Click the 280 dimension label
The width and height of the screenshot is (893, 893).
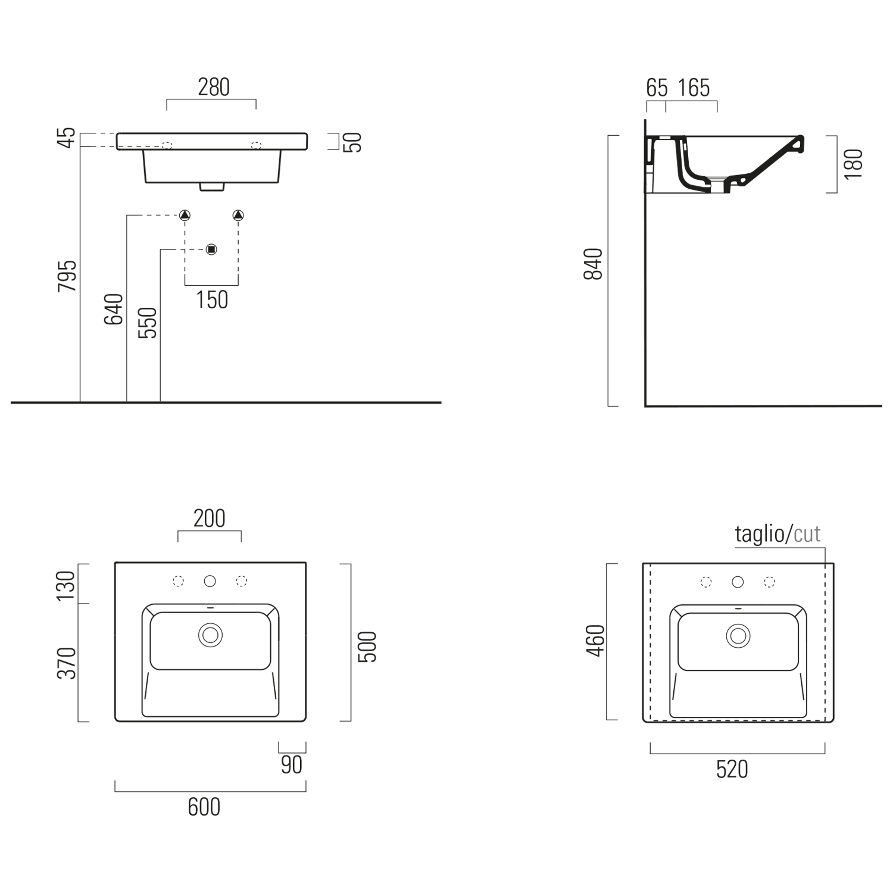click(214, 88)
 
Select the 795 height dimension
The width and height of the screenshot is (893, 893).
click(67, 276)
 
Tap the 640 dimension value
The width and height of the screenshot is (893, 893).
click(114, 309)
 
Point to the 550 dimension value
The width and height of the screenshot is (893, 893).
click(147, 323)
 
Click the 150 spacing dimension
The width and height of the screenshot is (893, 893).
click(212, 299)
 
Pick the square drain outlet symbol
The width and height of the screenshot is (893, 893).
click(211, 249)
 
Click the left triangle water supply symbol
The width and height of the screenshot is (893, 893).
click(185, 215)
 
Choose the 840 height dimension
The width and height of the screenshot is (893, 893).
click(594, 264)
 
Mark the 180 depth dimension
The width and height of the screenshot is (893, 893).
click(853, 164)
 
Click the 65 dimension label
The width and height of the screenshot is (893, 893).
click(657, 88)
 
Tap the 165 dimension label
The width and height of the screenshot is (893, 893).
click(694, 88)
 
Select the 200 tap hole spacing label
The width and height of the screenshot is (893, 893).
click(210, 519)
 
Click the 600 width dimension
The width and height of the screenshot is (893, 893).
click(204, 807)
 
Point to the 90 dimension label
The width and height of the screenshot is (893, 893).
click(292, 765)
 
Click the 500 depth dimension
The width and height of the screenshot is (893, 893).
click(367, 647)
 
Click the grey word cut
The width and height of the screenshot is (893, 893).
click(807, 535)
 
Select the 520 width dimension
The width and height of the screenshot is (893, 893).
click(732, 769)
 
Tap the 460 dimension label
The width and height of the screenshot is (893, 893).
click(595, 641)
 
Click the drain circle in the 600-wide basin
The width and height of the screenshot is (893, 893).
click(210, 635)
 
